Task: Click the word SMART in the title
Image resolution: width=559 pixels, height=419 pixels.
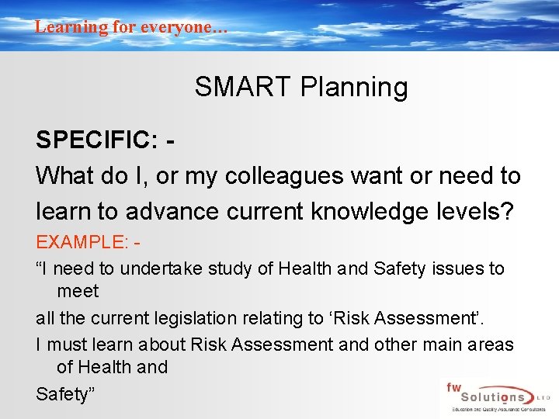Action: tap(231, 87)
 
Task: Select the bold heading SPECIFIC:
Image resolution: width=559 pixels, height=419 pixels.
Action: tap(96, 140)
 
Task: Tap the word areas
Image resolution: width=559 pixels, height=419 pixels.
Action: tap(491, 344)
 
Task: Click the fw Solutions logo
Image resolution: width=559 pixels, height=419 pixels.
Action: tap(494, 396)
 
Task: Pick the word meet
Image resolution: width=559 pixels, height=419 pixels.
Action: tap(78, 291)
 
